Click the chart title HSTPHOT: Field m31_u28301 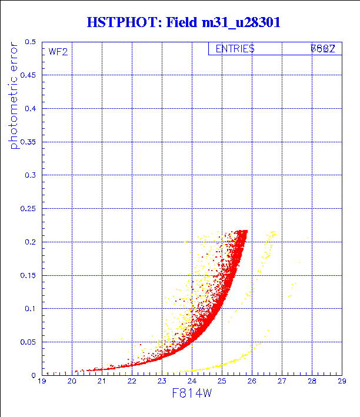pyautogui.click(x=182, y=22)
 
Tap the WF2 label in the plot pyautogui.click(x=58, y=52)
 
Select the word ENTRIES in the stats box pyautogui.click(x=235, y=49)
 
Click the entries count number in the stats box pyautogui.click(x=323, y=49)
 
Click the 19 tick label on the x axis pyautogui.click(x=42, y=382)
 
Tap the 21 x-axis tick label pyautogui.click(x=102, y=382)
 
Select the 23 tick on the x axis pyautogui.click(x=162, y=382)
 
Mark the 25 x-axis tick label pyautogui.click(x=222, y=382)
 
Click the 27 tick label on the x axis pyautogui.click(x=282, y=382)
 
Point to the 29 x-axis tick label pyautogui.click(x=341, y=382)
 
